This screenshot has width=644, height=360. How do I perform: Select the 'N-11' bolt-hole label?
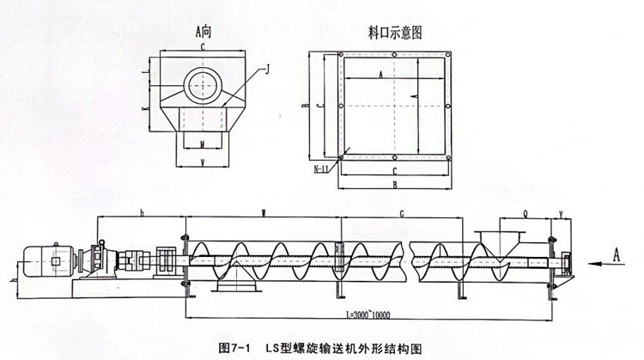coord(321,168)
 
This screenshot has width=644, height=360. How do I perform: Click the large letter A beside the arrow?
coord(615,252)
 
